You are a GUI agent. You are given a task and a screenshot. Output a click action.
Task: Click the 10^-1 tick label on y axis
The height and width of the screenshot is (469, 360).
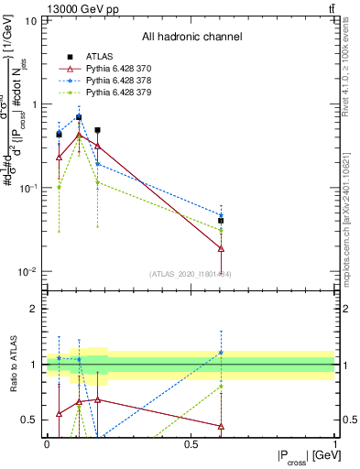pyautogui.click(x=27, y=188)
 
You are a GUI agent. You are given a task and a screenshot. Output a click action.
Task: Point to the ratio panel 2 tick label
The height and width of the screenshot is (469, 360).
pyautogui.click(x=36, y=309)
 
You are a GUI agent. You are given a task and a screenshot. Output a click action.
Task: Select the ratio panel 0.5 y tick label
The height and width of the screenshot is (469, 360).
pyautogui.click(x=32, y=420)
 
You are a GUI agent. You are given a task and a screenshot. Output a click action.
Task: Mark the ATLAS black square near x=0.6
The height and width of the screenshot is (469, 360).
pyautogui.click(x=221, y=221)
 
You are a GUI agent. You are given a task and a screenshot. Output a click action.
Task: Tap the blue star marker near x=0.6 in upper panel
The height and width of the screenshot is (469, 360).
pyautogui.click(x=221, y=215)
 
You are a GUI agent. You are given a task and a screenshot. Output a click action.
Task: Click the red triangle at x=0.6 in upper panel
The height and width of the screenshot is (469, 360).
pyautogui.click(x=221, y=248)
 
